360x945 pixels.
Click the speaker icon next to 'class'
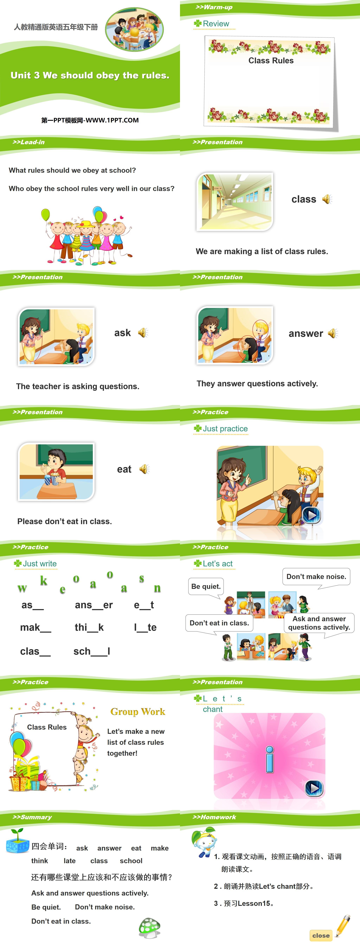pos(327,199)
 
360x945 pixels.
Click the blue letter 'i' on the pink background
pos(270,759)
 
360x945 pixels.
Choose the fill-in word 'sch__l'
pos(92,651)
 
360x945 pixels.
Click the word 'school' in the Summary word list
pos(131,861)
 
